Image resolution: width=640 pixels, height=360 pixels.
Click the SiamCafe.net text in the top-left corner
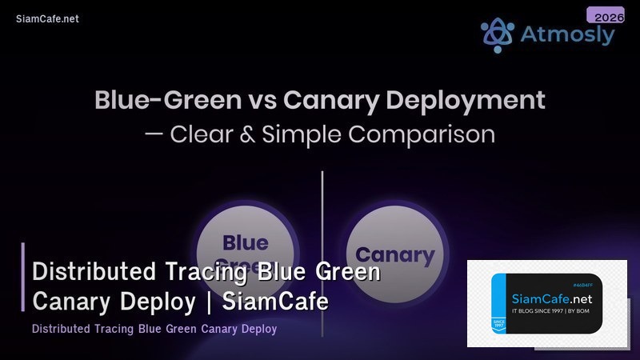click(x=47, y=19)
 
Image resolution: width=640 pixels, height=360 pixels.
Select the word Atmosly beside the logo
click(x=567, y=35)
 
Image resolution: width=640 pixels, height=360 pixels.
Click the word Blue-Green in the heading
click(x=166, y=101)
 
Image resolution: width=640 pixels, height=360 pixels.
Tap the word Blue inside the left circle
click(x=245, y=243)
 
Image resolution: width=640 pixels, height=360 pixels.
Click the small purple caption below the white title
click(x=154, y=329)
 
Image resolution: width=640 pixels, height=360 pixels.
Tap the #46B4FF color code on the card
click(x=586, y=285)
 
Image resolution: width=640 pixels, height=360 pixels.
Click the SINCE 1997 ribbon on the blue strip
click(x=499, y=320)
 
